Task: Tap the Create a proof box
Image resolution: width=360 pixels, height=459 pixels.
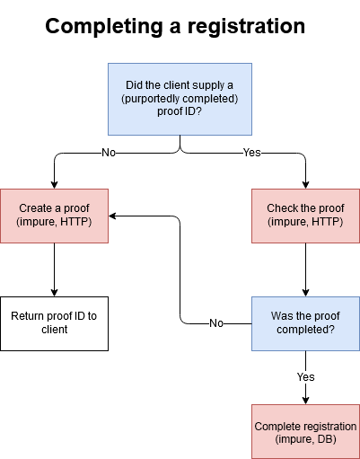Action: coord(54,216)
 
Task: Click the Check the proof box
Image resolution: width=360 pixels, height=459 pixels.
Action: coord(305,216)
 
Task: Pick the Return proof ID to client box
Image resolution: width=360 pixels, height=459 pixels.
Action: coord(54,323)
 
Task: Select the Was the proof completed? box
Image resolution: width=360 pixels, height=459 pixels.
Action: coord(305,323)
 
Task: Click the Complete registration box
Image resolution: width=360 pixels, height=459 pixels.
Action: coord(305,431)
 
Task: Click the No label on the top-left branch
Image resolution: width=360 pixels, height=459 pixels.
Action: coord(109,153)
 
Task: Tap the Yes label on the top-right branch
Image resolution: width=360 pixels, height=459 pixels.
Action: coord(252,153)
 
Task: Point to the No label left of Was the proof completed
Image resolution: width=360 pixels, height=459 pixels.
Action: coord(216,323)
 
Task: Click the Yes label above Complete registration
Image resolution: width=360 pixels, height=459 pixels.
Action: coord(306,377)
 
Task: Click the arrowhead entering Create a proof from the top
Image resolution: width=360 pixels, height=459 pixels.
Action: coord(54,184)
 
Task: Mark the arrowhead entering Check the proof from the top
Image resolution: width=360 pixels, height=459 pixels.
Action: coord(305,184)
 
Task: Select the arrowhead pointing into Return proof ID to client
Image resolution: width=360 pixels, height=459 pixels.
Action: coord(54,292)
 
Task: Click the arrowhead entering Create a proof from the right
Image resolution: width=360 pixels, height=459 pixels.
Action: coord(114,216)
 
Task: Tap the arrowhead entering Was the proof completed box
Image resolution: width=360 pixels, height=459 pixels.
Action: coord(305,292)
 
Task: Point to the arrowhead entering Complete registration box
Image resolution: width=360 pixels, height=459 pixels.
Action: coord(305,400)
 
